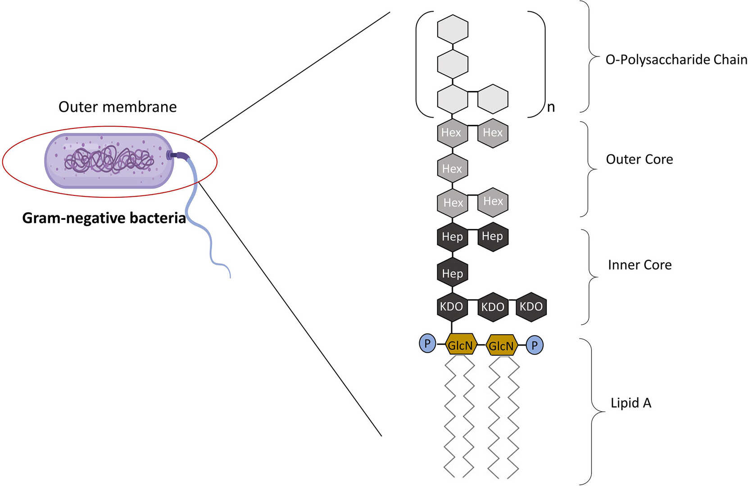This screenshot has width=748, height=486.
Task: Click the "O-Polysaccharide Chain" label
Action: [x=676, y=59]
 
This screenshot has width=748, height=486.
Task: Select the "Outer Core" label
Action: [x=639, y=159]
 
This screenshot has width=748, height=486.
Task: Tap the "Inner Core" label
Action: [x=639, y=265]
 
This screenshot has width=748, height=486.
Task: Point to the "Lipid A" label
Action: [x=630, y=403]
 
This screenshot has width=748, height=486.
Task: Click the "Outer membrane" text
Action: [x=118, y=107]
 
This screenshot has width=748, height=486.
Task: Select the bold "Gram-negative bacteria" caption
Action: [x=104, y=218]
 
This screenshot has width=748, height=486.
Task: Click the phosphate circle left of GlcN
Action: [x=427, y=344]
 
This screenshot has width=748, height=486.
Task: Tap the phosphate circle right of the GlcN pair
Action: [x=535, y=345]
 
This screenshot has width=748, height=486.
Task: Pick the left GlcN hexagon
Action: [x=461, y=345]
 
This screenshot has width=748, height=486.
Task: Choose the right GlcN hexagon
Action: [x=501, y=345]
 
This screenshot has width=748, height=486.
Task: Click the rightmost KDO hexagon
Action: [x=531, y=307]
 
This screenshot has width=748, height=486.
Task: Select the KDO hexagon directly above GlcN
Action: [x=452, y=307]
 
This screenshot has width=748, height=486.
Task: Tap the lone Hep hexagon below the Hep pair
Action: [x=453, y=273]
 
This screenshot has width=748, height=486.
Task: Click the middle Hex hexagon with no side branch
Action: [x=452, y=168]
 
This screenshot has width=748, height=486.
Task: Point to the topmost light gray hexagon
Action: [x=453, y=29]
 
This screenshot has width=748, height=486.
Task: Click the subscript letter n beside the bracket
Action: [x=551, y=107]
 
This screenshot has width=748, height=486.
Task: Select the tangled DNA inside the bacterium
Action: [x=109, y=160]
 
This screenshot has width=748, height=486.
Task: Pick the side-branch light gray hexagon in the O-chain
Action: [x=493, y=99]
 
